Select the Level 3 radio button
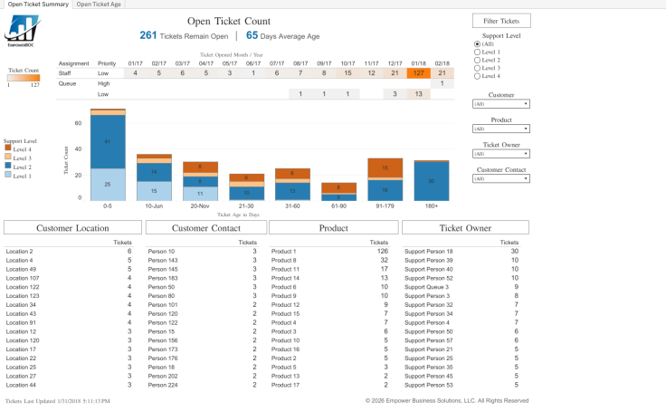click(x=477, y=68)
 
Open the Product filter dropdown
click(x=501, y=129)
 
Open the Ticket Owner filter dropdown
click(x=501, y=154)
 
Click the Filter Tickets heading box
click(x=501, y=20)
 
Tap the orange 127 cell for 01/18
click(x=418, y=73)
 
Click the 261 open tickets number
click(x=148, y=35)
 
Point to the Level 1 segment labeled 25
click(x=108, y=185)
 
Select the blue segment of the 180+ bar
click(x=431, y=181)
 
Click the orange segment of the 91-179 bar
click(x=385, y=167)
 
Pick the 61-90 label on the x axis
click(x=338, y=205)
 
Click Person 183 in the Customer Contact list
click(x=164, y=278)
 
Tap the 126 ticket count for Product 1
click(x=382, y=252)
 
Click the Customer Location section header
click(x=69, y=227)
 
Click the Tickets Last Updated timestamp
click(x=58, y=400)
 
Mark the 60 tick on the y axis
click(x=78, y=123)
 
